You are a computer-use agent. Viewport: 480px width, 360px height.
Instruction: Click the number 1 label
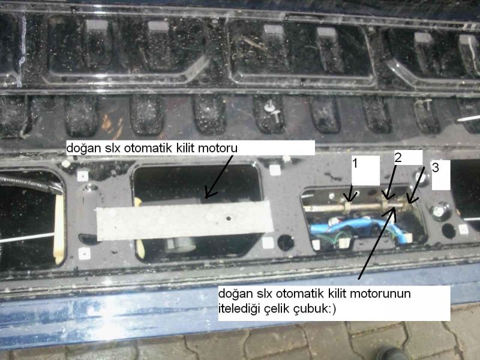point(355,163)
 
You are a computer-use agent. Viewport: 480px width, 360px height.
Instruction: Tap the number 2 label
point(398,157)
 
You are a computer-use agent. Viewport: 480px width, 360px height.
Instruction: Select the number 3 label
point(436,167)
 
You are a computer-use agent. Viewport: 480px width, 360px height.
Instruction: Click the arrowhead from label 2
point(387,196)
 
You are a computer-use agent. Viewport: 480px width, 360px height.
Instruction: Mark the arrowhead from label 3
point(411,199)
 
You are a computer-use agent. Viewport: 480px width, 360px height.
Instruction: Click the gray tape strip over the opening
point(185,220)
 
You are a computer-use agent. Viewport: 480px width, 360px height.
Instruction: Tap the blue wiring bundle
point(352,226)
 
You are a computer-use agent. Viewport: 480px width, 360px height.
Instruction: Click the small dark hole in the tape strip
point(228,218)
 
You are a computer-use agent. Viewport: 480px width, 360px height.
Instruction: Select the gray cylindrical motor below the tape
point(181,245)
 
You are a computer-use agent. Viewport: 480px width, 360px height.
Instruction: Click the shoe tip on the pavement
point(392,354)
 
